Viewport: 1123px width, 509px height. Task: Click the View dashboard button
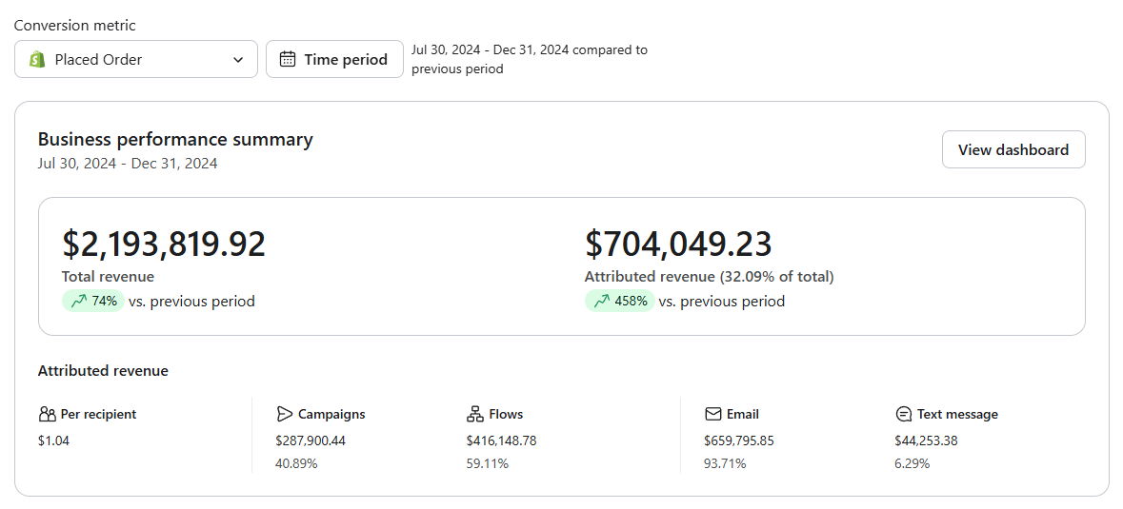click(1013, 149)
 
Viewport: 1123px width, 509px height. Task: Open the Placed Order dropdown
click(136, 59)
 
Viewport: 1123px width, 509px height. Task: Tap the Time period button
click(334, 59)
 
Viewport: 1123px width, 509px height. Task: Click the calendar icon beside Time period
click(288, 59)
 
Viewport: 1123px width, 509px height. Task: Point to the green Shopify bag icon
click(37, 59)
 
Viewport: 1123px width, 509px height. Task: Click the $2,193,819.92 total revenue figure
click(164, 244)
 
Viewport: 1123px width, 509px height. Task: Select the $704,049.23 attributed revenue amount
click(678, 244)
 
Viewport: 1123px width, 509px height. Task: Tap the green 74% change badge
click(93, 301)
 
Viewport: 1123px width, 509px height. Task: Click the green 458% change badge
click(619, 301)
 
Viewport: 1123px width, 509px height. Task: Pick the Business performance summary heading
click(175, 140)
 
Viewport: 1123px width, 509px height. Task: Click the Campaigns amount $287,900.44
click(311, 440)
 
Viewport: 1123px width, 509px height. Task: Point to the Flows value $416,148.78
click(501, 440)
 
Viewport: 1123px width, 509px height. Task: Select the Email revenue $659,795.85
click(739, 440)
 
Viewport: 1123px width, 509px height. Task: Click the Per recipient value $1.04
click(53, 440)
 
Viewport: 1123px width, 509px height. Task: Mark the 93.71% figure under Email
click(725, 464)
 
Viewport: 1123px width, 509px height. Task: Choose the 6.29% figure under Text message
click(912, 464)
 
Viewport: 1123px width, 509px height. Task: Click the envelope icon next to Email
click(712, 414)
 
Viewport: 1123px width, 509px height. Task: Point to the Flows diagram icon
click(475, 414)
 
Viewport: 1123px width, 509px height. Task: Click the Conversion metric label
click(75, 26)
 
